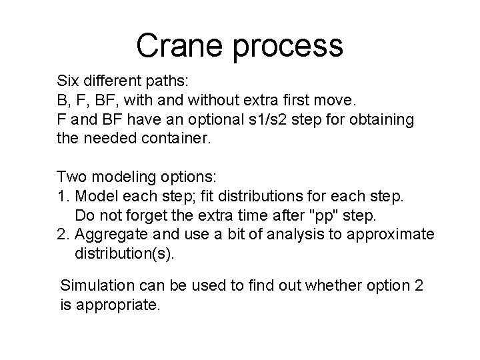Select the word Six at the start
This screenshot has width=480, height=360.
pos(67,82)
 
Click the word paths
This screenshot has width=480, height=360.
pos(171,83)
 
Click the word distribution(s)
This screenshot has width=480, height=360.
pos(123,254)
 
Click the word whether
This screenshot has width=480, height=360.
pos(331,287)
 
